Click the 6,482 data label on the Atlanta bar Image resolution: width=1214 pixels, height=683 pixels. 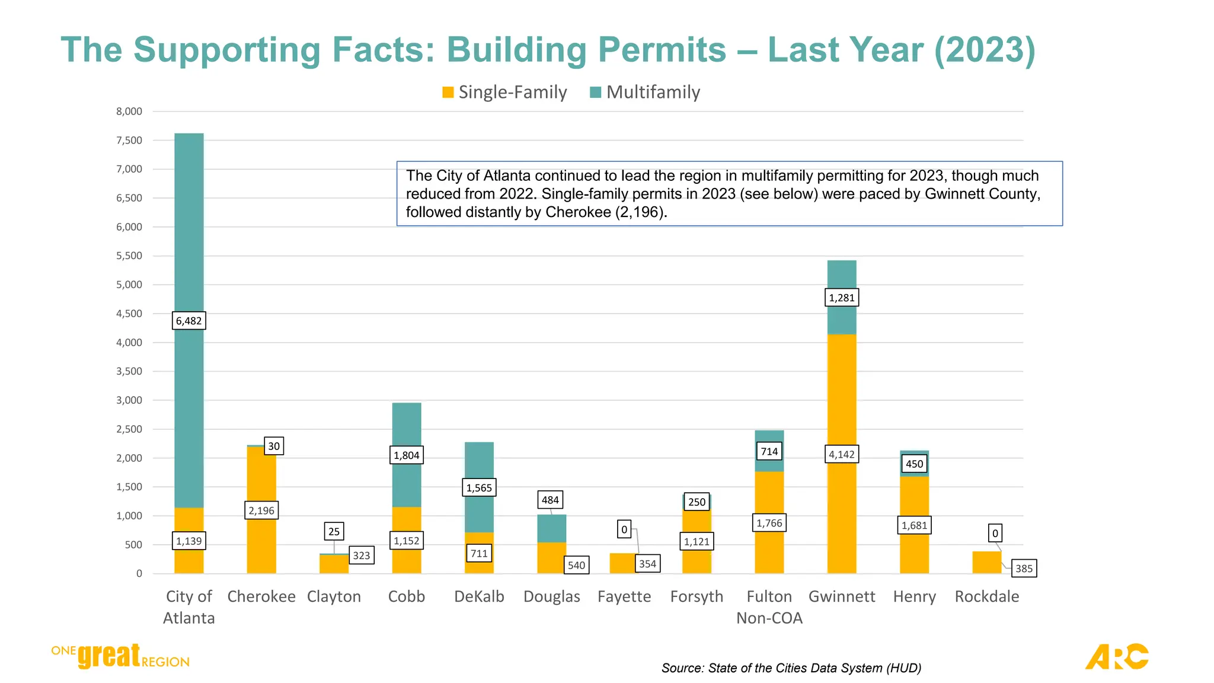[189, 321]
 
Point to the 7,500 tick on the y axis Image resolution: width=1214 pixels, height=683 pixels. [129, 141]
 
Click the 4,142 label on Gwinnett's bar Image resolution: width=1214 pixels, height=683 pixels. [841, 455]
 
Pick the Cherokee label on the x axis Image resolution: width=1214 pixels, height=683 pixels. [261, 596]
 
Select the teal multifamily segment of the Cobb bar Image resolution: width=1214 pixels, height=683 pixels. [407, 427]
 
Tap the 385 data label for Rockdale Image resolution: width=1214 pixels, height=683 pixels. [1024, 569]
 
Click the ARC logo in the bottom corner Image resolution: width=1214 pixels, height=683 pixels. [1116, 656]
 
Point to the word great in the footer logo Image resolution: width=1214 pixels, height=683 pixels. [109, 656]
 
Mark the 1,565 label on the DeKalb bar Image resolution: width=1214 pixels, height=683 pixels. [479, 488]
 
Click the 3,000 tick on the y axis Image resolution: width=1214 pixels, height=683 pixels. [129, 400]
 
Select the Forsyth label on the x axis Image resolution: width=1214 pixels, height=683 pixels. [697, 596]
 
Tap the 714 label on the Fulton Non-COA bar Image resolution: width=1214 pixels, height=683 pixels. [769, 452]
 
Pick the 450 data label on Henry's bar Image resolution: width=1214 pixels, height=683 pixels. [914, 464]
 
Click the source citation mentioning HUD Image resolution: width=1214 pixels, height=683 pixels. [791, 668]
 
